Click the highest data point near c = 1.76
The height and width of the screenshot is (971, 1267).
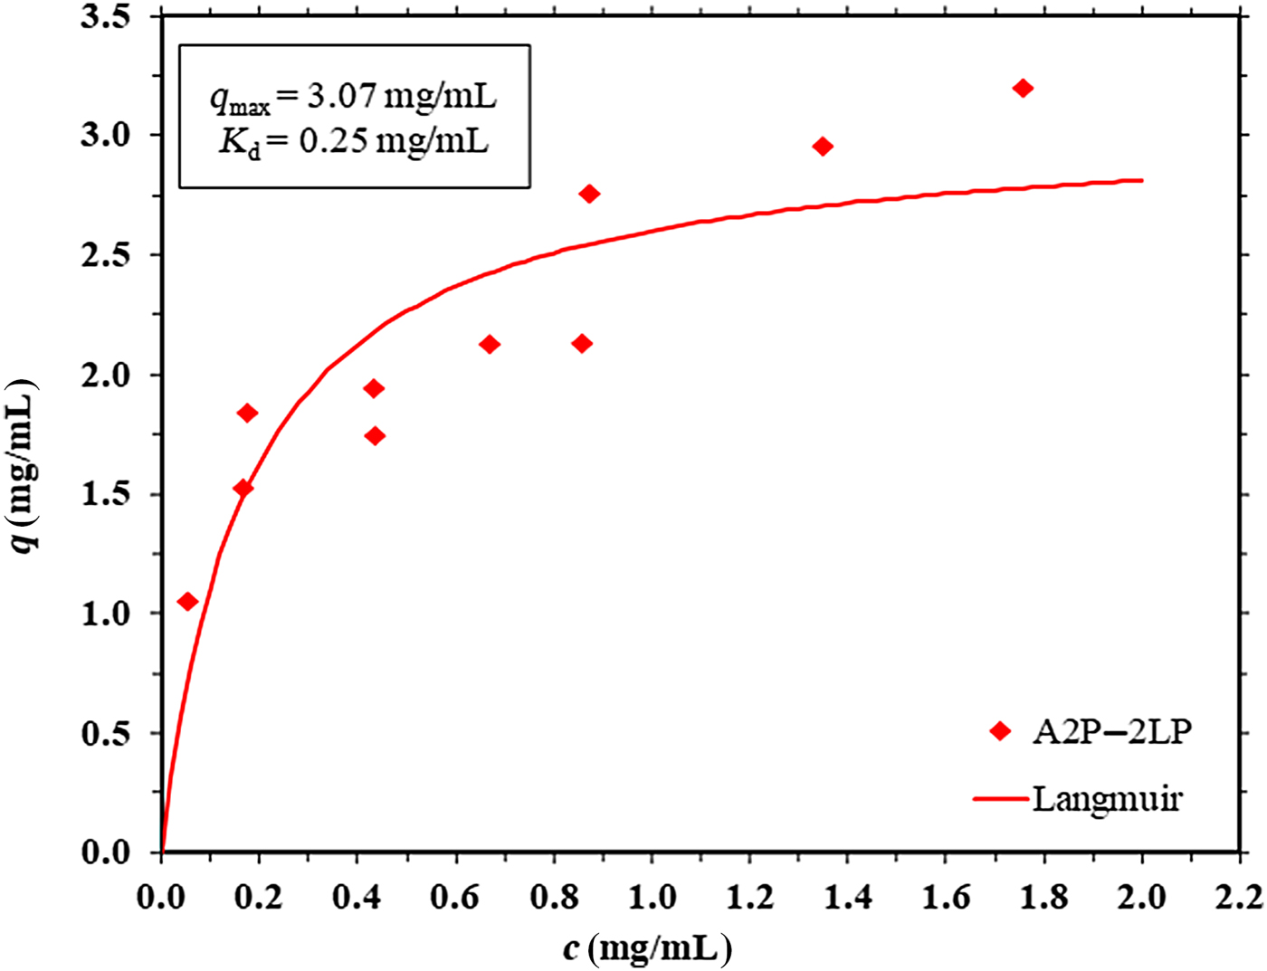[x=1023, y=88]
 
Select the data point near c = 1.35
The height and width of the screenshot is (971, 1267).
[x=823, y=147]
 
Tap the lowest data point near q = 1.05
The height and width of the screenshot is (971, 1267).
[x=187, y=602]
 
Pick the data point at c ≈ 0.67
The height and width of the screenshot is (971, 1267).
[x=490, y=344]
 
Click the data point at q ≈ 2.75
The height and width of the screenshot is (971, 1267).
[x=589, y=194]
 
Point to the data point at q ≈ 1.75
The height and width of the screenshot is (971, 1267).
[x=375, y=436]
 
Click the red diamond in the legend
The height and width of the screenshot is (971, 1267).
[x=1000, y=731]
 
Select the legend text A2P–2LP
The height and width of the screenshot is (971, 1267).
[x=1111, y=731]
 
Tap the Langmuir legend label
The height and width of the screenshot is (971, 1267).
[x=1107, y=799]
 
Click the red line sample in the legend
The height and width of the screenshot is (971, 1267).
[x=1001, y=799]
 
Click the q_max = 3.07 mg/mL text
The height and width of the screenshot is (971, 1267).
[x=354, y=96]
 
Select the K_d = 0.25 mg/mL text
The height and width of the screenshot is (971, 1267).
[x=354, y=142]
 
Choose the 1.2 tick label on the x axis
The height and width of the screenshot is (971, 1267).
[x=750, y=897]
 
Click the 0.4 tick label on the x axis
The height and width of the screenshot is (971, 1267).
[x=357, y=897]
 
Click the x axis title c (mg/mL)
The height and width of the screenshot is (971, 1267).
[x=646, y=948]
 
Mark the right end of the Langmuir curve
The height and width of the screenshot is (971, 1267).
[x=1142, y=180]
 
